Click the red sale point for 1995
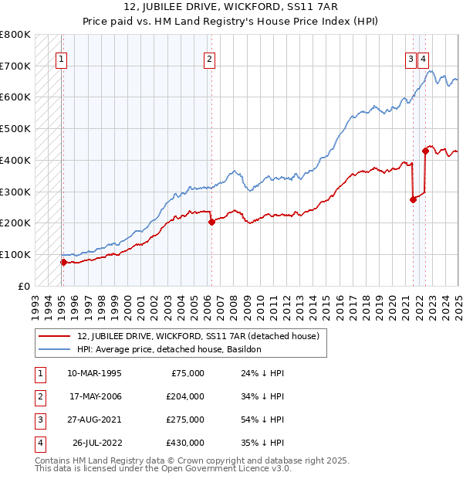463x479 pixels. pos(63,262)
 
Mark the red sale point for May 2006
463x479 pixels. pos(211,222)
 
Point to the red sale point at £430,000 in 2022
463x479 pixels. pos(425,151)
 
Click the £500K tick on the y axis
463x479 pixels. pos(15,128)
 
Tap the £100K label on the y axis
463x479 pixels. pos(15,254)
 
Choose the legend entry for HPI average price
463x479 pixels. pos(169,349)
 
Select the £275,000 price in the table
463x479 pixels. pos(185,420)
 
